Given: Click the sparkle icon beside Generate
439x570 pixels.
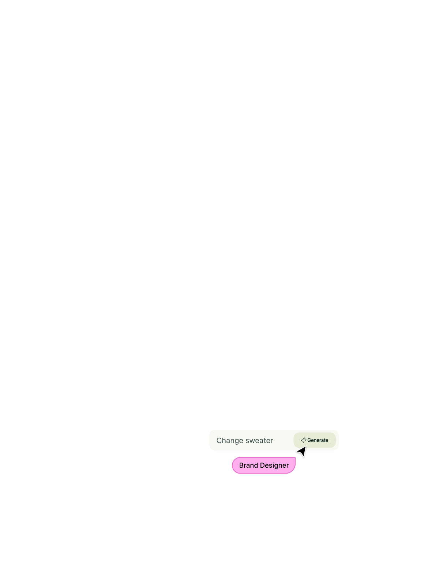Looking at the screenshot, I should click(303, 440).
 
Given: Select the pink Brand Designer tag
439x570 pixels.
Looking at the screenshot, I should click(264, 465).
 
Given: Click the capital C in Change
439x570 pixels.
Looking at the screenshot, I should click(219, 441).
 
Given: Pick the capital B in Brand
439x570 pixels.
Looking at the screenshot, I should click(241, 465).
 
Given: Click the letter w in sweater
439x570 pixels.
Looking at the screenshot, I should click(252, 441).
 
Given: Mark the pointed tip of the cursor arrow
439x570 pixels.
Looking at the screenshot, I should click(305, 446).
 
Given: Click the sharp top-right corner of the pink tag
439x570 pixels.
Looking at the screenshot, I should click(295, 457).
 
